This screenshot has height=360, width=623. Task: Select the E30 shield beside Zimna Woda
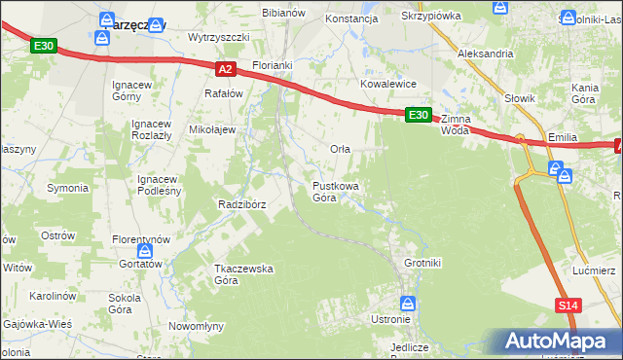click(x=418, y=115)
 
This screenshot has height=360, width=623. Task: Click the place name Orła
click(x=340, y=149)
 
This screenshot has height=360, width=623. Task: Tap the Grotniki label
click(x=422, y=262)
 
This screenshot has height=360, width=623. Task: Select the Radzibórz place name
click(x=243, y=204)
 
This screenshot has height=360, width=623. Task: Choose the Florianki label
click(x=273, y=66)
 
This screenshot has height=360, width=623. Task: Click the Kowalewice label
click(x=388, y=85)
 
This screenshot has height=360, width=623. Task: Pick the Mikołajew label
click(x=212, y=129)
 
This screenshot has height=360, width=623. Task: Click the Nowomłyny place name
click(x=197, y=326)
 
